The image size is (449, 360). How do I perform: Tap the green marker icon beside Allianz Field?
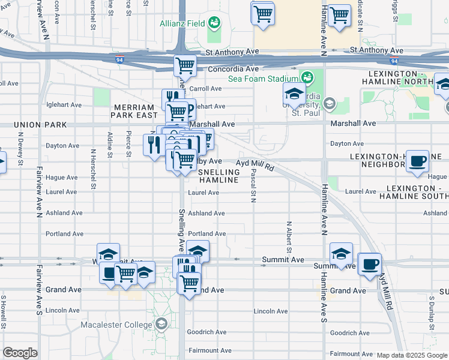[214, 23]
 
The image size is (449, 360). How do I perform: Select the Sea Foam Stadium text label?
[262, 79]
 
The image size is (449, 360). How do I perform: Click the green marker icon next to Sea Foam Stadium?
[307, 78]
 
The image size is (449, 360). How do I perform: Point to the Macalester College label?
[117, 325]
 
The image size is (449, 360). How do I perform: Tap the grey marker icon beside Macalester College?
[160, 325]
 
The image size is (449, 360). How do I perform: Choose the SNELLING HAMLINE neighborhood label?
[219, 176]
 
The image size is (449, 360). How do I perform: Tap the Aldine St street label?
[109, 145]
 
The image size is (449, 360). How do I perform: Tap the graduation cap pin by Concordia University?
[294, 94]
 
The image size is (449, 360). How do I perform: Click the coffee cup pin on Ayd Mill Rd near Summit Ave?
[370, 263]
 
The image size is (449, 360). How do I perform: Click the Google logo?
[20, 353]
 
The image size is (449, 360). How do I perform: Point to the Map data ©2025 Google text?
[411, 355]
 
